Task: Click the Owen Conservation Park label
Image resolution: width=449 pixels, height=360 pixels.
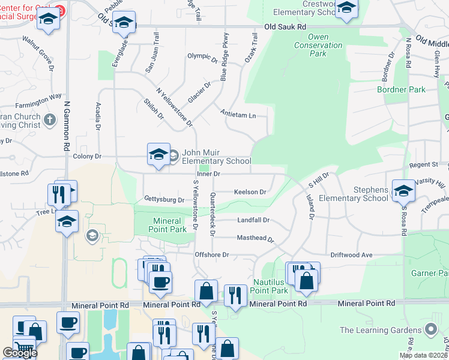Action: tap(318, 49)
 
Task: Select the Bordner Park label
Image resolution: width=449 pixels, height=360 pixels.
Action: tap(401, 89)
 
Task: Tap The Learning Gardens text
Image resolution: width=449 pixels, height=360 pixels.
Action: tap(381, 329)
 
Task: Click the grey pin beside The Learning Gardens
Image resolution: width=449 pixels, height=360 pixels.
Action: tap(430, 329)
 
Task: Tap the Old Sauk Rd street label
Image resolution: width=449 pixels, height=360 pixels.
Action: tap(285, 27)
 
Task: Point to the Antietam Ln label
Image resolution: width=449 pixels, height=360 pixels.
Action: tap(238, 114)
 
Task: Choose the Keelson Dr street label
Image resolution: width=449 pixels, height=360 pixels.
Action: tap(250, 192)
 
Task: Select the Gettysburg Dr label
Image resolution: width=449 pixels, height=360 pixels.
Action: tap(164, 199)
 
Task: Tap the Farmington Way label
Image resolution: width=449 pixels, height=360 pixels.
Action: tap(39, 96)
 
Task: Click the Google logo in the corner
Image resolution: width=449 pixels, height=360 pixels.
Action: tap(20, 353)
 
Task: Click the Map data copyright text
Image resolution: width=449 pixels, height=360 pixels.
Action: tap(424, 355)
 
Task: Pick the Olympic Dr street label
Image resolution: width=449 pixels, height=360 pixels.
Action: tap(202, 58)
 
